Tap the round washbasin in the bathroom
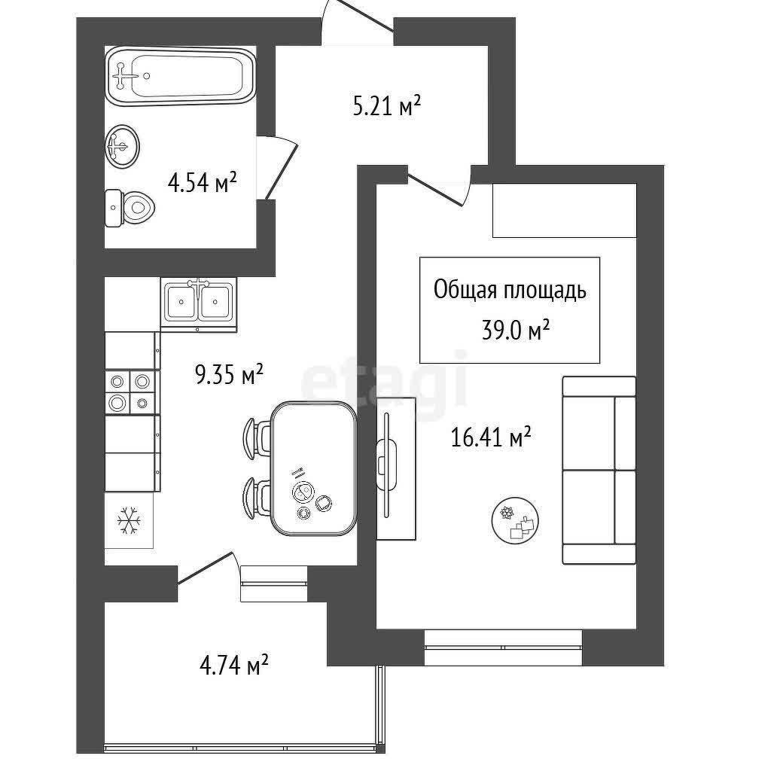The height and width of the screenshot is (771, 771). pyautogui.click(x=122, y=146)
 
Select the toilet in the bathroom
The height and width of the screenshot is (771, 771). pyautogui.click(x=130, y=208)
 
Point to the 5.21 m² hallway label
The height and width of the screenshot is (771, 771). pyautogui.click(x=387, y=106)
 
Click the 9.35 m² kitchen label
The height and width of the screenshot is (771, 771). pyautogui.click(x=230, y=375)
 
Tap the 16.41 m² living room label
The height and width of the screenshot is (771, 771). pyautogui.click(x=491, y=437)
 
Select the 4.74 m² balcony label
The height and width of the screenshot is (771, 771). pyautogui.click(x=233, y=666)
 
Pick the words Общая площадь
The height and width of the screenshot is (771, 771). pyautogui.click(x=510, y=290)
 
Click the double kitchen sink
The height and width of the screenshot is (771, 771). pyautogui.click(x=199, y=303)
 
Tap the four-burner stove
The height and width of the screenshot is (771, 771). pyautogui.click(x=130, y=392)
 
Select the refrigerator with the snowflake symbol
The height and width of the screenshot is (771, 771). pyautogui.click(x=129, y=520)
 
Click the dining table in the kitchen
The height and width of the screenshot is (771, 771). pyautogui.click(x=314, y=468)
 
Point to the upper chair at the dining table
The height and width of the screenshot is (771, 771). pyautogui.click(x=258, y=439)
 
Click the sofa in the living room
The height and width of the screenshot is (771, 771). pyautogui.click(x=599, y=470)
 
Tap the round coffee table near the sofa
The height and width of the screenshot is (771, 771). pyautogui.click(x=515, y=520)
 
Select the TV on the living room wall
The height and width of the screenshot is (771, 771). pyautogui.click(x=387, y=465)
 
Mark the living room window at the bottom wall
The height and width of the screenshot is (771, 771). pyautogui.click(x=503, y=647)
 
